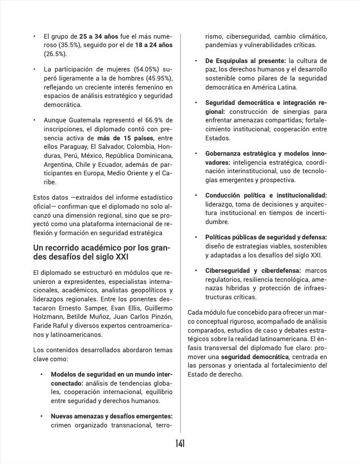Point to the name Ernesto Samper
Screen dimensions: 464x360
(x=82, y=308)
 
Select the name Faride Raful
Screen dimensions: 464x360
(x=51, y=326)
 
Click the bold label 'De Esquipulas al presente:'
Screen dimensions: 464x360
(x=245, y=61)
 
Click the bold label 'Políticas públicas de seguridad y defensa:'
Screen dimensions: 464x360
(x=266, y=237)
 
